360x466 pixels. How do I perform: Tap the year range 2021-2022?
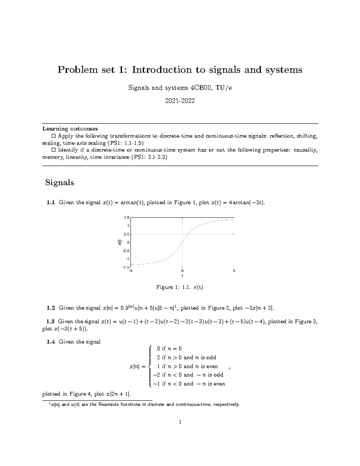180,101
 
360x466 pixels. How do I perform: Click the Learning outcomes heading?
70,129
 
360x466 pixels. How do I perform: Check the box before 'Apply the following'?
54,136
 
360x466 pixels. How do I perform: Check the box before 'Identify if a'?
54,150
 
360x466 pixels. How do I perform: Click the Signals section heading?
59,182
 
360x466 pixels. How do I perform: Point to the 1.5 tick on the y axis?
126,218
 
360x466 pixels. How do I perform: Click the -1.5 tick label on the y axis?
126,267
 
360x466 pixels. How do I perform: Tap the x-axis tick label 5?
234,271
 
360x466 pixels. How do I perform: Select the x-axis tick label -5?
130,271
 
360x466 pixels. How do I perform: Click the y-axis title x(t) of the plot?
119,242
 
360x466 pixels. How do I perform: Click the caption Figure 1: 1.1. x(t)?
180,287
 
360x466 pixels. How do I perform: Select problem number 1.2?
51,308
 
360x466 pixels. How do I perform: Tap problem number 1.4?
51,342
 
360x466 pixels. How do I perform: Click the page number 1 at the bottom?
180,422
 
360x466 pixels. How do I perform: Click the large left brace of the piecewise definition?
150,366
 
